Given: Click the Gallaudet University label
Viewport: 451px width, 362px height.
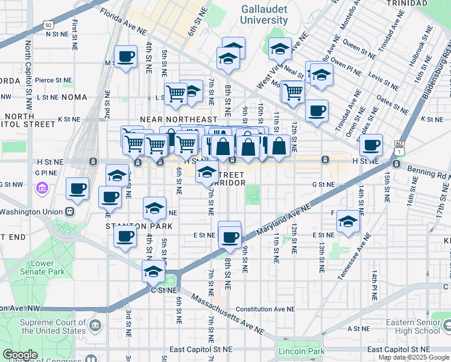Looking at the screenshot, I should pos(264,14).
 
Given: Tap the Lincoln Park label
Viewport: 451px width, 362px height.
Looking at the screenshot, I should pos(301,351).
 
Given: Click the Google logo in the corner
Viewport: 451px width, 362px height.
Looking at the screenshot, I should pos(20,355).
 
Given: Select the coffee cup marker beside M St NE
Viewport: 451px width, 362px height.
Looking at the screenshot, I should pos(125,57).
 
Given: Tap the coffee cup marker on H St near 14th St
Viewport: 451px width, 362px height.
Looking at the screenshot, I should pos(371,145).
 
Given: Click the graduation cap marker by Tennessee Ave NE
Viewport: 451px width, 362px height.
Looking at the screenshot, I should pos(347,221).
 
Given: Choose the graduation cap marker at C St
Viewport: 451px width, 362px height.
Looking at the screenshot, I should pos(154,272).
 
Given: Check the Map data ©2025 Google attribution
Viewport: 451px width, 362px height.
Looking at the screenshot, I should pos(414,357).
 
